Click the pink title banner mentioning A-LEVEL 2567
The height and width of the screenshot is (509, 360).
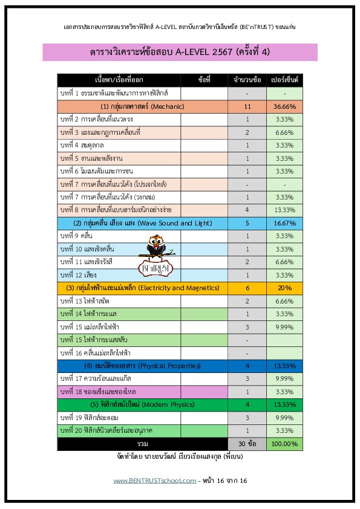pos(180,52)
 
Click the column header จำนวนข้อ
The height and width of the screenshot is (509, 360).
pos(247,80)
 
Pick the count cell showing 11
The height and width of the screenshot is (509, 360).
pos(247,106)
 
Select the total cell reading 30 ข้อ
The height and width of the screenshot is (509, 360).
pos(247,444)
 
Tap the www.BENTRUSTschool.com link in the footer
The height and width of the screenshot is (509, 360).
pos(154,481)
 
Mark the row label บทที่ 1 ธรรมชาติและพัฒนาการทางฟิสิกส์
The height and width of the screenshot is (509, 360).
pos(119,94)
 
